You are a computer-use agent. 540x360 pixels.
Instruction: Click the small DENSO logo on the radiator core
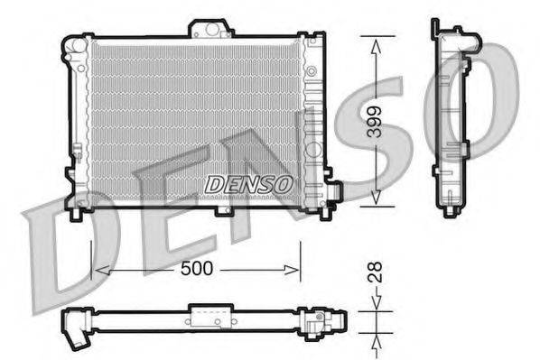tap(249, 183)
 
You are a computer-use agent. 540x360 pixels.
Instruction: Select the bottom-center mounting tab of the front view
tap(223, 211)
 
